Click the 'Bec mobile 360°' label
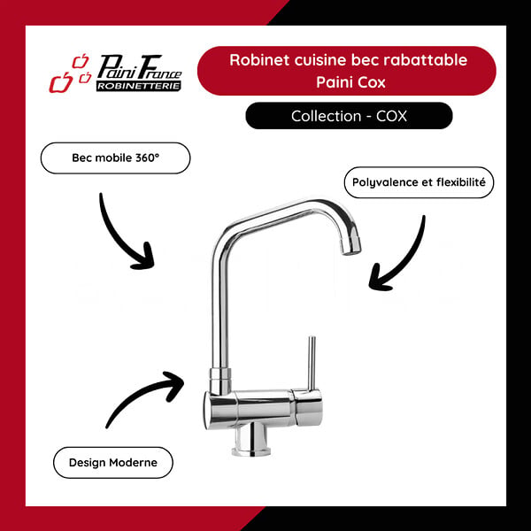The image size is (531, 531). coord(115,158)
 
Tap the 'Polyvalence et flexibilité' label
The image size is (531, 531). coord(419,182)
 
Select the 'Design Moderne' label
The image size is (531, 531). coord(113,463)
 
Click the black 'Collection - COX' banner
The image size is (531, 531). coord(350,116)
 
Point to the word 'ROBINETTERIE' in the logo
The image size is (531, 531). coord(139,86)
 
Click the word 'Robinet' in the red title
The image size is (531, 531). coord(259,60)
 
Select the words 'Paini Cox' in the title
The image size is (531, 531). coord(350,82)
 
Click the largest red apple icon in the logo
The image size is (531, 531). coord(60,82)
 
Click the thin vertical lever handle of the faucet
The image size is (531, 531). coord(312,363)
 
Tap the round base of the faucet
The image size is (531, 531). coord(251,451)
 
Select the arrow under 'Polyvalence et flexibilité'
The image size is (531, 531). coord(405,261)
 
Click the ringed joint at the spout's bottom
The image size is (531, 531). coord(220,381)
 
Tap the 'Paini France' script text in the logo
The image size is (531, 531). coord(139,68)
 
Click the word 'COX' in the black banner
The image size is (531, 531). coord(391,116)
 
